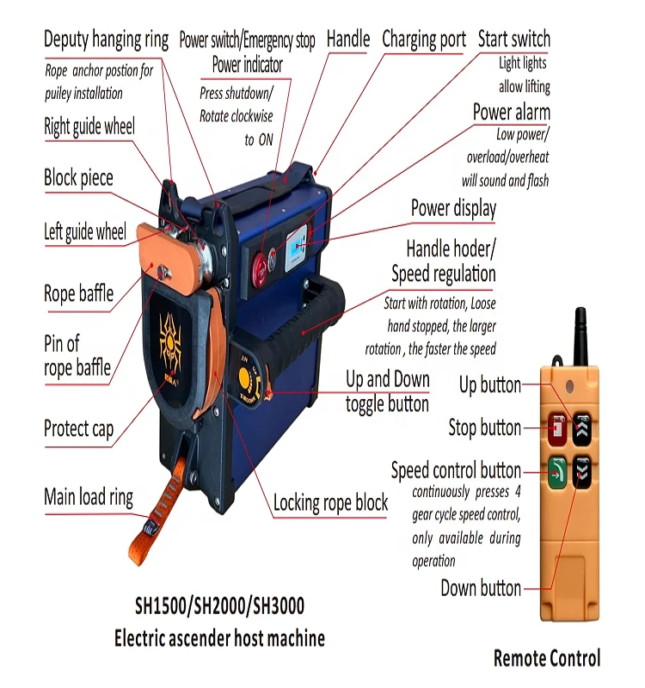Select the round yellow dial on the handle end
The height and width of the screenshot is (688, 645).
coord(245,378)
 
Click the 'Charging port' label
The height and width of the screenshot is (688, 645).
coord(424,40)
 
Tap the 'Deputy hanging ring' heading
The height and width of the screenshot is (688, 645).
coord(106,40)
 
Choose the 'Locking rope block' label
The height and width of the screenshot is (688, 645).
coord(330,503)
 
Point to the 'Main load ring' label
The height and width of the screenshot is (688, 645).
coord(89,497)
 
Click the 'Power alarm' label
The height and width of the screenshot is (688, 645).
coord(512,113)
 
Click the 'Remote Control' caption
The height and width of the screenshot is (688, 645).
coord(547,659)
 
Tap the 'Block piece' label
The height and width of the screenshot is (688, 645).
coord(78,178)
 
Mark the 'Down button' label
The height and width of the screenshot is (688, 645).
coord(481,589)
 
